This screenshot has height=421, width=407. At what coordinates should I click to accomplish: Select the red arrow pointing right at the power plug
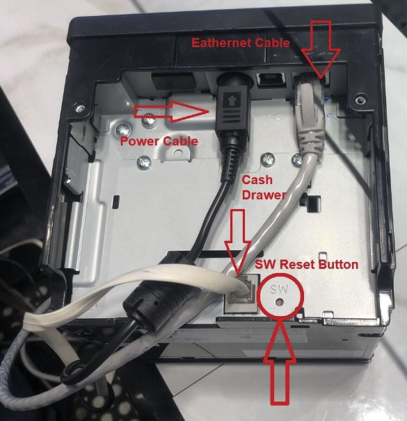(x=170, y=110)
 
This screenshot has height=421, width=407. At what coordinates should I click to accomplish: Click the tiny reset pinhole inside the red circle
(x=280, y=304)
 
